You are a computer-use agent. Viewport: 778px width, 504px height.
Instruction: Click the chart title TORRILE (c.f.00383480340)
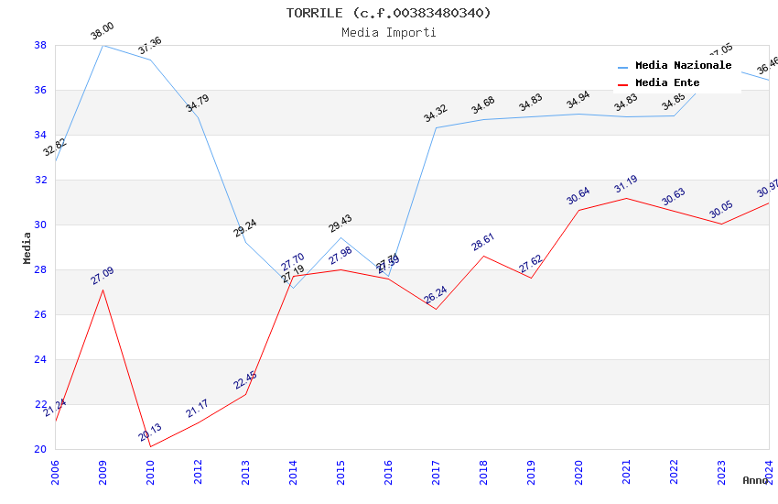(388, 13)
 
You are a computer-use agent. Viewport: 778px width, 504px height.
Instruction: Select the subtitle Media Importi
(388, 32)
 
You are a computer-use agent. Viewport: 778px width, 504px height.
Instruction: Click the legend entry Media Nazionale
(683, 66)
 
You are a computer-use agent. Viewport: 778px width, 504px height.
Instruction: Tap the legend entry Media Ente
(667, 83)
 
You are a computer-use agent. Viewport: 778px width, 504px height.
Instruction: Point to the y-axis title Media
(27, 247)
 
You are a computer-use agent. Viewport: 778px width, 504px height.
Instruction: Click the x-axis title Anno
(755, 480)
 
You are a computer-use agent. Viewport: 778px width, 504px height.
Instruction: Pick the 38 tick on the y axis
(40, 45)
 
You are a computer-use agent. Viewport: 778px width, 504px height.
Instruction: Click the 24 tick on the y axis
(40, 359)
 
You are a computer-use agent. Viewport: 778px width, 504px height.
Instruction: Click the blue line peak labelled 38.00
(103, 45)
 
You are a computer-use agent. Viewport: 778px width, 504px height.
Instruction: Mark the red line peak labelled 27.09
(103, 290)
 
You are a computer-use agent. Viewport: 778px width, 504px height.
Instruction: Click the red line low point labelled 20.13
(150, 446)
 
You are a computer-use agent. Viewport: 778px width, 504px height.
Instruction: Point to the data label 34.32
(436, 114)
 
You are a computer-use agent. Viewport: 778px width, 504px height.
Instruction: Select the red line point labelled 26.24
(436, 309)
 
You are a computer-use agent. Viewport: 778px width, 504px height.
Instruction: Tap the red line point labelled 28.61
(483, 256)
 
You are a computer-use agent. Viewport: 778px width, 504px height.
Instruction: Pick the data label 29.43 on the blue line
(340, 224)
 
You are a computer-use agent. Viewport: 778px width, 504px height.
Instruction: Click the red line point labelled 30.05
(721, 224)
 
